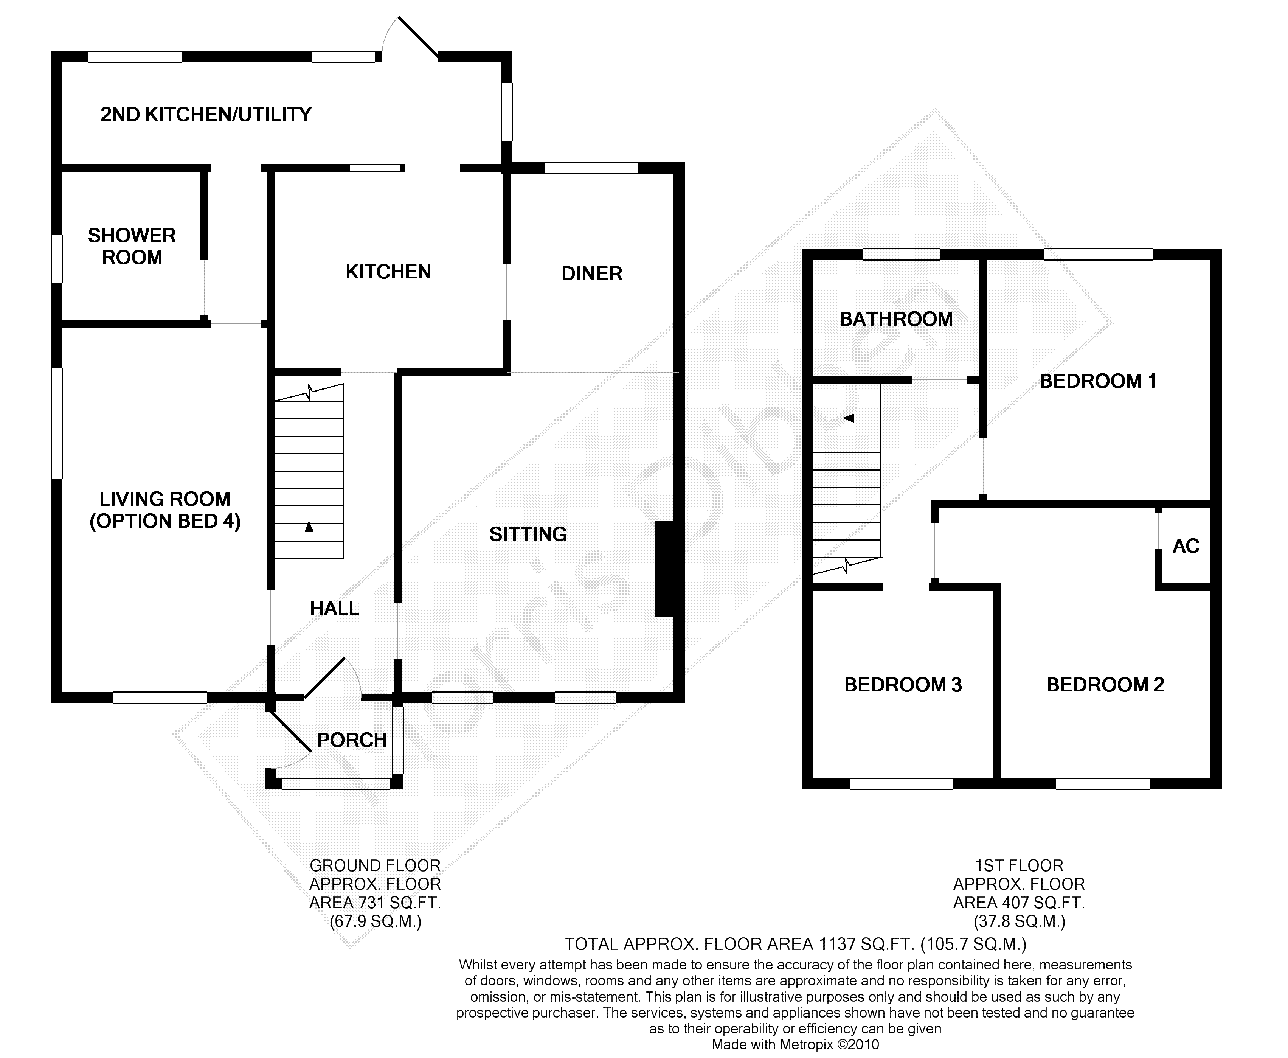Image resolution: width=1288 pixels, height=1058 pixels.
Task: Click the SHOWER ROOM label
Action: tap(132, 246)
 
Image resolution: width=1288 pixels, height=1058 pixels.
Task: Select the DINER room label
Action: tap(591, 273)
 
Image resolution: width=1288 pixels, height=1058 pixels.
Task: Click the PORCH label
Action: tap(352, 740)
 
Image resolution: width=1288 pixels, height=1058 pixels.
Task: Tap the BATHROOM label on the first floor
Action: tap(896, 319)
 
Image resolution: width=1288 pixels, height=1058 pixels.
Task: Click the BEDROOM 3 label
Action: tap(903, 685)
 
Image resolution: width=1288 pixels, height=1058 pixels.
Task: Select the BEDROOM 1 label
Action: tap(1097, 381)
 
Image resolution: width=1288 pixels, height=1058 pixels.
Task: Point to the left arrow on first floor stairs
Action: tap(858, 418)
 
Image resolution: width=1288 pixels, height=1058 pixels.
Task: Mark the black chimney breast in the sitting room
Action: tap(665, 569)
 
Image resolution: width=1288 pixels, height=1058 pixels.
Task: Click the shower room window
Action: tap(57, 259)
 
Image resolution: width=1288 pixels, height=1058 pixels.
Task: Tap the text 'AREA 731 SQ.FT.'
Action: tap(375, 903)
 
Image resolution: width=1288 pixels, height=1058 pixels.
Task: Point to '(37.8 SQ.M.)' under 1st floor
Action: tap(1019, 921)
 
